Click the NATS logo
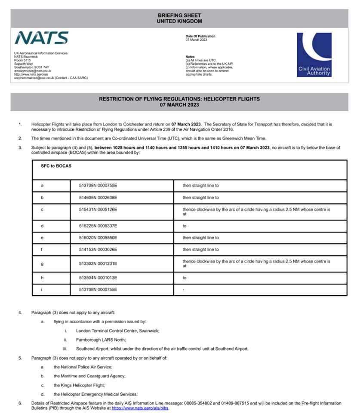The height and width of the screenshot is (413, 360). [41, 38]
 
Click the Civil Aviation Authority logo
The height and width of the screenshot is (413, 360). [314, 55]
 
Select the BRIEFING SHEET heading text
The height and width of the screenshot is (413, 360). [179, 15]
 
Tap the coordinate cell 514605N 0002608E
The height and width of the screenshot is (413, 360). [98, 198]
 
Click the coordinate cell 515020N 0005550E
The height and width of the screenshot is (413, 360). [98, 238]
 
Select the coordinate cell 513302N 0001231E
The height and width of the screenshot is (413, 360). [98, 263]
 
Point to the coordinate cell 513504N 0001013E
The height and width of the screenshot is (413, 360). [98, 278]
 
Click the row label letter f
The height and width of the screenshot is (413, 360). [42, 250]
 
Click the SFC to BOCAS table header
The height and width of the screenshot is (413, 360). [52, 166]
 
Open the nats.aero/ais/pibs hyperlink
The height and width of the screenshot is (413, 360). [140, 408]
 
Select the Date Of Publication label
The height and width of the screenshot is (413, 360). [200, 36]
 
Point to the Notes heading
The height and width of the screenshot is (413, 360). [190, 57]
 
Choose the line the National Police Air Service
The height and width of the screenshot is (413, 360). [83, 367]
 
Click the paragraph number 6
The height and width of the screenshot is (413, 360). [20, 403]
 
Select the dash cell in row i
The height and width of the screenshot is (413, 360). [184, 290]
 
